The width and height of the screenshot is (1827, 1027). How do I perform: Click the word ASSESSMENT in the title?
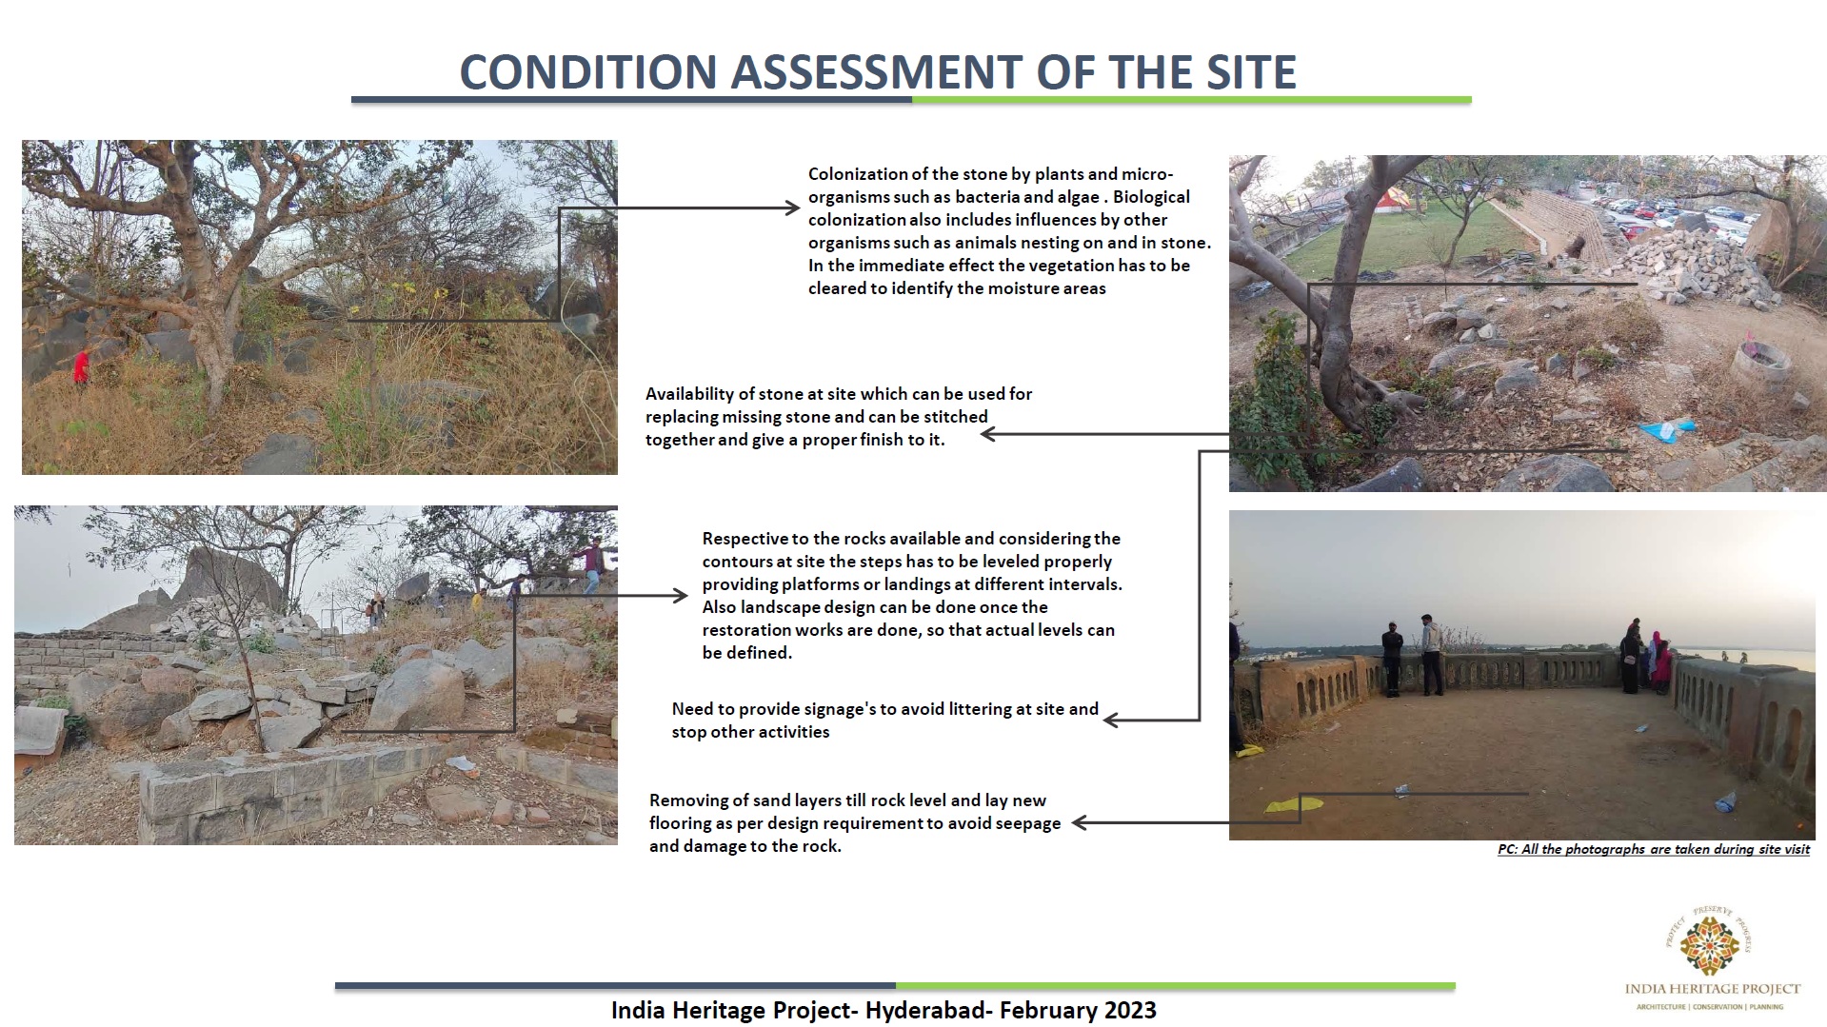click(876, 72)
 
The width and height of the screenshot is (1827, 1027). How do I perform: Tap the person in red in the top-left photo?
click(82, 366)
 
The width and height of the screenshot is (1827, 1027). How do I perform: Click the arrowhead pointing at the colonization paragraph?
click(792, 208)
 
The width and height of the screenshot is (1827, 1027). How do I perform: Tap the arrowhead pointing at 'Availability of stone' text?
click(988, 434)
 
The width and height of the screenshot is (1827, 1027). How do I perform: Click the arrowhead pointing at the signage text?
click(1111, 721)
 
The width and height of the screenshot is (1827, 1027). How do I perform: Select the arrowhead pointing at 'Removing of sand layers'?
click(1081, 822)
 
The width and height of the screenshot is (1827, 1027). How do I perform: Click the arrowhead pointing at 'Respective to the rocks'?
click(680, 596)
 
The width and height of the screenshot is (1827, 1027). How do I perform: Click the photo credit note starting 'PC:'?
click(1654, 849)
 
